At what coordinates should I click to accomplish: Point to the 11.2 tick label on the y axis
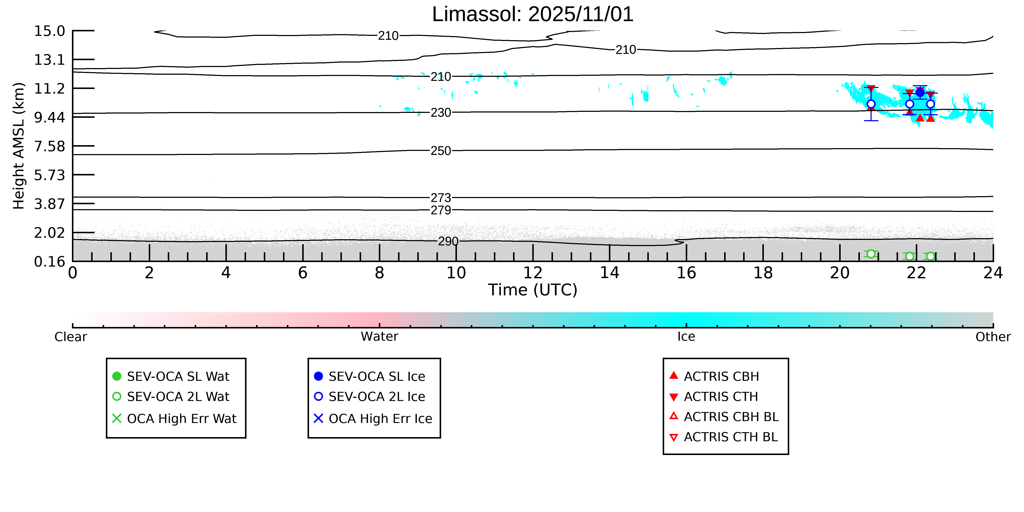point(49,88)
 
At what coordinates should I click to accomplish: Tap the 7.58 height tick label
point(49,146)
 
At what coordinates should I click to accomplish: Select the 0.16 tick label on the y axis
point(49,262)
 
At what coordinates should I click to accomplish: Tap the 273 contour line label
point(441,198)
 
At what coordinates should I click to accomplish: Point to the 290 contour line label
point(448,241)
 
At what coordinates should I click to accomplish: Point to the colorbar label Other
point(993,337)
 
